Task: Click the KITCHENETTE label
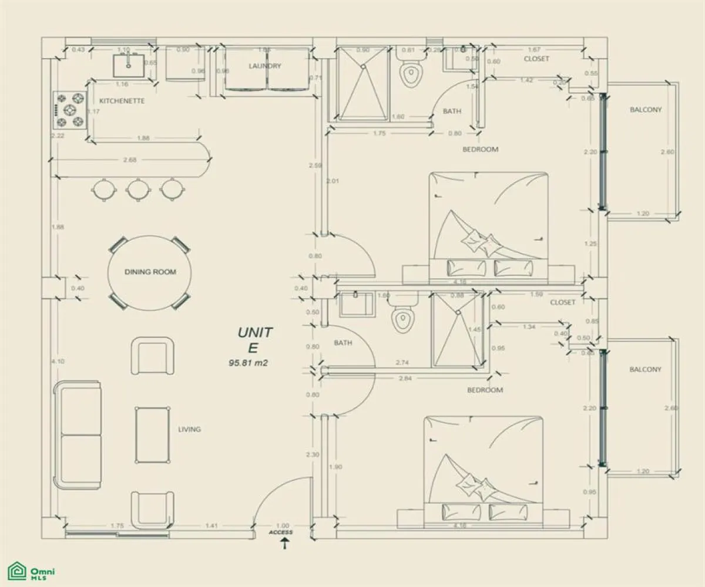122,101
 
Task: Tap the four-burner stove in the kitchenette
70,110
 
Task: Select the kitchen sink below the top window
128,65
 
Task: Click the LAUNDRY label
265,66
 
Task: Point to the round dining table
150,272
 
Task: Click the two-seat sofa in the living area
78,434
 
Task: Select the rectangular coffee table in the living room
153,434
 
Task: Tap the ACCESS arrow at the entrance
285,544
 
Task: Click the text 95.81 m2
248,363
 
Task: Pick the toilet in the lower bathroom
402,320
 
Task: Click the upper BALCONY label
646,110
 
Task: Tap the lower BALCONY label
645,369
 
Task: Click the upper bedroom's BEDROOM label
480,149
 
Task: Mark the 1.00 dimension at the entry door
283,526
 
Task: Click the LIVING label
189,429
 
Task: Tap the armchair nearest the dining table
153,355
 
